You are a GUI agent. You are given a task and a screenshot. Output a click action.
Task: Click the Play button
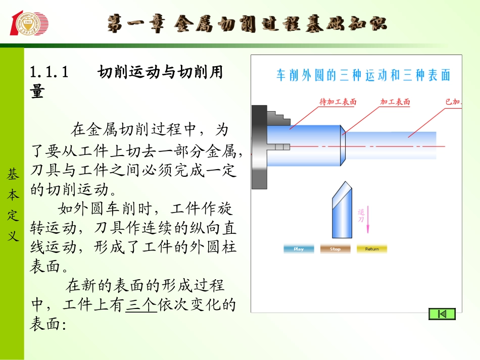pyautogui.click(x=299, y=249)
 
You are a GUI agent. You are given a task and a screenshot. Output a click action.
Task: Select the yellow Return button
pyautogui.click(x=372, y=249)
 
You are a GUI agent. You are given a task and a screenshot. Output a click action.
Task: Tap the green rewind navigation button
pyautogui.click(x=442, y=314)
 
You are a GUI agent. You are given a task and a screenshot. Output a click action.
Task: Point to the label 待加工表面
pyautogui.click(x=338, y=102)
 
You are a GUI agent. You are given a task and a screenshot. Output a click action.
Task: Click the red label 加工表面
pyautogui.click(x=395, y=102)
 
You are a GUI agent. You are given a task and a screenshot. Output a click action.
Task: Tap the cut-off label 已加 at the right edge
pyautogui.click(x=453, y=102)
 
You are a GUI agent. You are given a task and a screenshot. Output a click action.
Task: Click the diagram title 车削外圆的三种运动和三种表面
pyautogui.click(x=363, y=76)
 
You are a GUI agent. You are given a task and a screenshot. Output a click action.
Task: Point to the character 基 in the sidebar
pyautogui.click(x=13, y=175)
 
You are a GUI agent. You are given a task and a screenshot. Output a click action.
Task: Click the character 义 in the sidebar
pyautogui.click(x=13, y=235)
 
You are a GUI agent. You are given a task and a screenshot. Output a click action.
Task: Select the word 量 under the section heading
pyautogui.click(x=37, y=92)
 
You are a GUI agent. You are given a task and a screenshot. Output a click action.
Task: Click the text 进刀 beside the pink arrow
pyautogui.click(x=361, y=216)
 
